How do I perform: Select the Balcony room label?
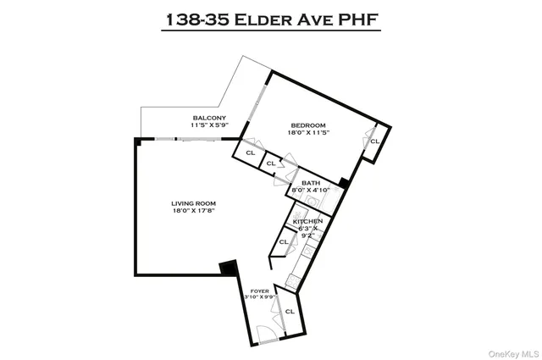(208, 117)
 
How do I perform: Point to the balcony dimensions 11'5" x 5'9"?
(209, 125)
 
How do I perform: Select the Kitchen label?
(307, 221)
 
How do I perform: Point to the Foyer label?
(259, 290)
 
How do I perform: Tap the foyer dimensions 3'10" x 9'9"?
(259, 297)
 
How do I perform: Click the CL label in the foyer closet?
(289, 311)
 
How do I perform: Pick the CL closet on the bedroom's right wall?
(374, 141)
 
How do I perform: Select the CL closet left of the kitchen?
(283, 241)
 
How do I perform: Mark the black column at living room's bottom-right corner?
(228, 269)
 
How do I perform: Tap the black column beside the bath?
(342, 181)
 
